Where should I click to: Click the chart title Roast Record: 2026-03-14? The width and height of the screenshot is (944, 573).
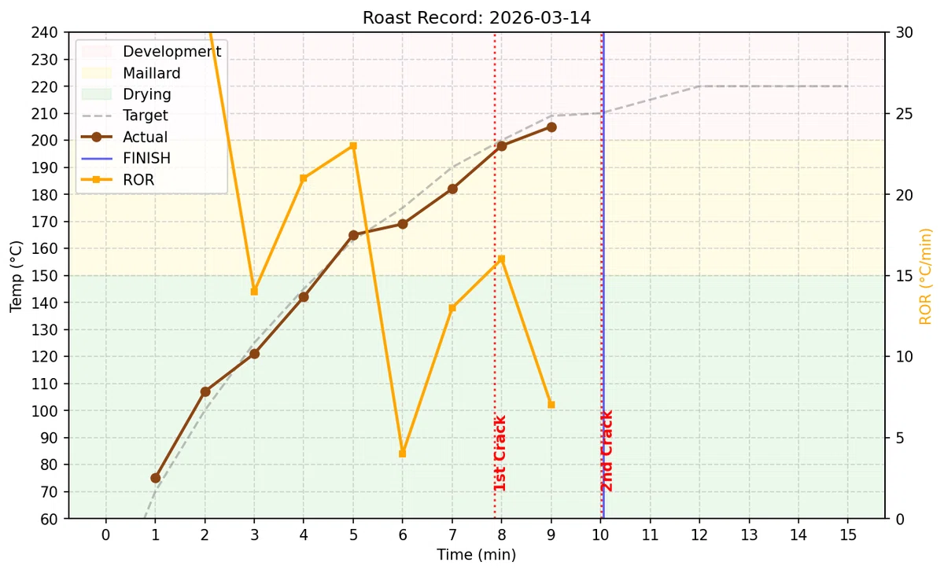click(x=477, y=17)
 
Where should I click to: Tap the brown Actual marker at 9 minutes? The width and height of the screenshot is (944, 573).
click(x=551, y=127)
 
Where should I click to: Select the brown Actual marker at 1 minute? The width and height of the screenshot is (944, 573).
click(x=156, y=478)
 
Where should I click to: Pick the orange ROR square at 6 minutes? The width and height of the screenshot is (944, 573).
click(x=403, y=454)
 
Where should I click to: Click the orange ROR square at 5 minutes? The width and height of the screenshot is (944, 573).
click(x=353, y=146)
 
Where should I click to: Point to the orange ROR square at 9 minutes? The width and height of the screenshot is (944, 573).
click(x=551, y=405)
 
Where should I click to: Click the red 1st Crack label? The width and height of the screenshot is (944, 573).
click(x=500, y=453)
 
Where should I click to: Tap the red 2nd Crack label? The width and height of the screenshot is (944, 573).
click(x=607, y=451)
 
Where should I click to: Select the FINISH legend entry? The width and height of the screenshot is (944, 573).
click(x=126, y=158)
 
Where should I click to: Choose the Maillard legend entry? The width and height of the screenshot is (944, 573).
click(x=131, y=73)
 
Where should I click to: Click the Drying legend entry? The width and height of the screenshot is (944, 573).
click(x=126, y=94)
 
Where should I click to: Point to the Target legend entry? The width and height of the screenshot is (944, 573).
click(x=125, y=116)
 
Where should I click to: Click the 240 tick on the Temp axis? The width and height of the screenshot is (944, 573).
click(x=44, y=32)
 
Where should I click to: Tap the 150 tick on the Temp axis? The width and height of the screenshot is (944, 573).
click(x=44, y=276)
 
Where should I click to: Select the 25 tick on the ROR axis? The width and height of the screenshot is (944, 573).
click(x=904, y=114)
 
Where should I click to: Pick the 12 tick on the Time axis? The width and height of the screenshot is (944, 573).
click(x=699, y=535)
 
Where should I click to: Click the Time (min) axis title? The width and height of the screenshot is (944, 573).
click(x=476, y=555)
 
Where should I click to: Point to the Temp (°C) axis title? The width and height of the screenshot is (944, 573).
click(x=16, y=276)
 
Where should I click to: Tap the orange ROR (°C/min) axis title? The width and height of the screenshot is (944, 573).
click(x=925, y=276)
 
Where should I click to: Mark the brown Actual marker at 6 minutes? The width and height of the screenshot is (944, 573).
click(x=403, y=224)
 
